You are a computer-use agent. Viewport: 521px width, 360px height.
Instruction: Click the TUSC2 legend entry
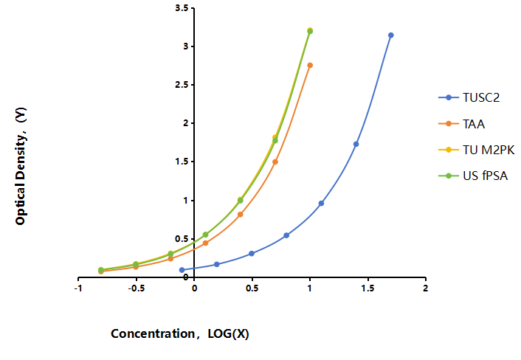[x=469, y=97]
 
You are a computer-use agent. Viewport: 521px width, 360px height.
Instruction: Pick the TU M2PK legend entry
[x=477, y=150]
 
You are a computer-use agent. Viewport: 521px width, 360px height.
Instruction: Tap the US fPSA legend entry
[x=473, y=176]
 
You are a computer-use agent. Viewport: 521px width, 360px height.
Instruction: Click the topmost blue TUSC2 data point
[x=391, y=35]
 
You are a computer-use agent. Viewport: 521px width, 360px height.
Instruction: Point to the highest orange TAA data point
[x=310, y=66]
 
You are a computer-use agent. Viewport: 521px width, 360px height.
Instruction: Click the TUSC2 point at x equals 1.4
[x=356, y=144]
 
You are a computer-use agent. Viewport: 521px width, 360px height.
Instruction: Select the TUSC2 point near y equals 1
[x=321, y=204]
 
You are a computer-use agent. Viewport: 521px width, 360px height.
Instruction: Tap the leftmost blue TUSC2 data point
[x=182, y=270]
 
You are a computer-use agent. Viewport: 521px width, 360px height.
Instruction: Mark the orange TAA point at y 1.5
[x=275, y=162]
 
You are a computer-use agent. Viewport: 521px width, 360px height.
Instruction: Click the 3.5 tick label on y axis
[x=182, y=8]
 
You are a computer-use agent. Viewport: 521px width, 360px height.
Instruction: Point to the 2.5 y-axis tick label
[x=182, y=85]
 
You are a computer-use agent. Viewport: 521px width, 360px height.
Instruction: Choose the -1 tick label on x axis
[x=78, y=288]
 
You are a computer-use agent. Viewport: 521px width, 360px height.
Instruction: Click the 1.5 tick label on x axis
[x=368, y=288]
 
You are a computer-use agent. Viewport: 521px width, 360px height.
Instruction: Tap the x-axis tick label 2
[x=425, y=288]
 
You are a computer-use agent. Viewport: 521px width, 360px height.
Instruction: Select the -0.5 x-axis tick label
[x=137, y=288]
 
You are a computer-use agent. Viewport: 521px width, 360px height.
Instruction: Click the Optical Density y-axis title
[x=21, y=166]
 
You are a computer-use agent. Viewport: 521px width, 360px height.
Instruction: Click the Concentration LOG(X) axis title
[x=180, y=333]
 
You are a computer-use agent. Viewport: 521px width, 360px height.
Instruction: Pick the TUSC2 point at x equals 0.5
[x=252, y=254]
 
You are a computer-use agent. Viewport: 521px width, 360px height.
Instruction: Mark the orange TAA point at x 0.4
[x=241, y=215]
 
